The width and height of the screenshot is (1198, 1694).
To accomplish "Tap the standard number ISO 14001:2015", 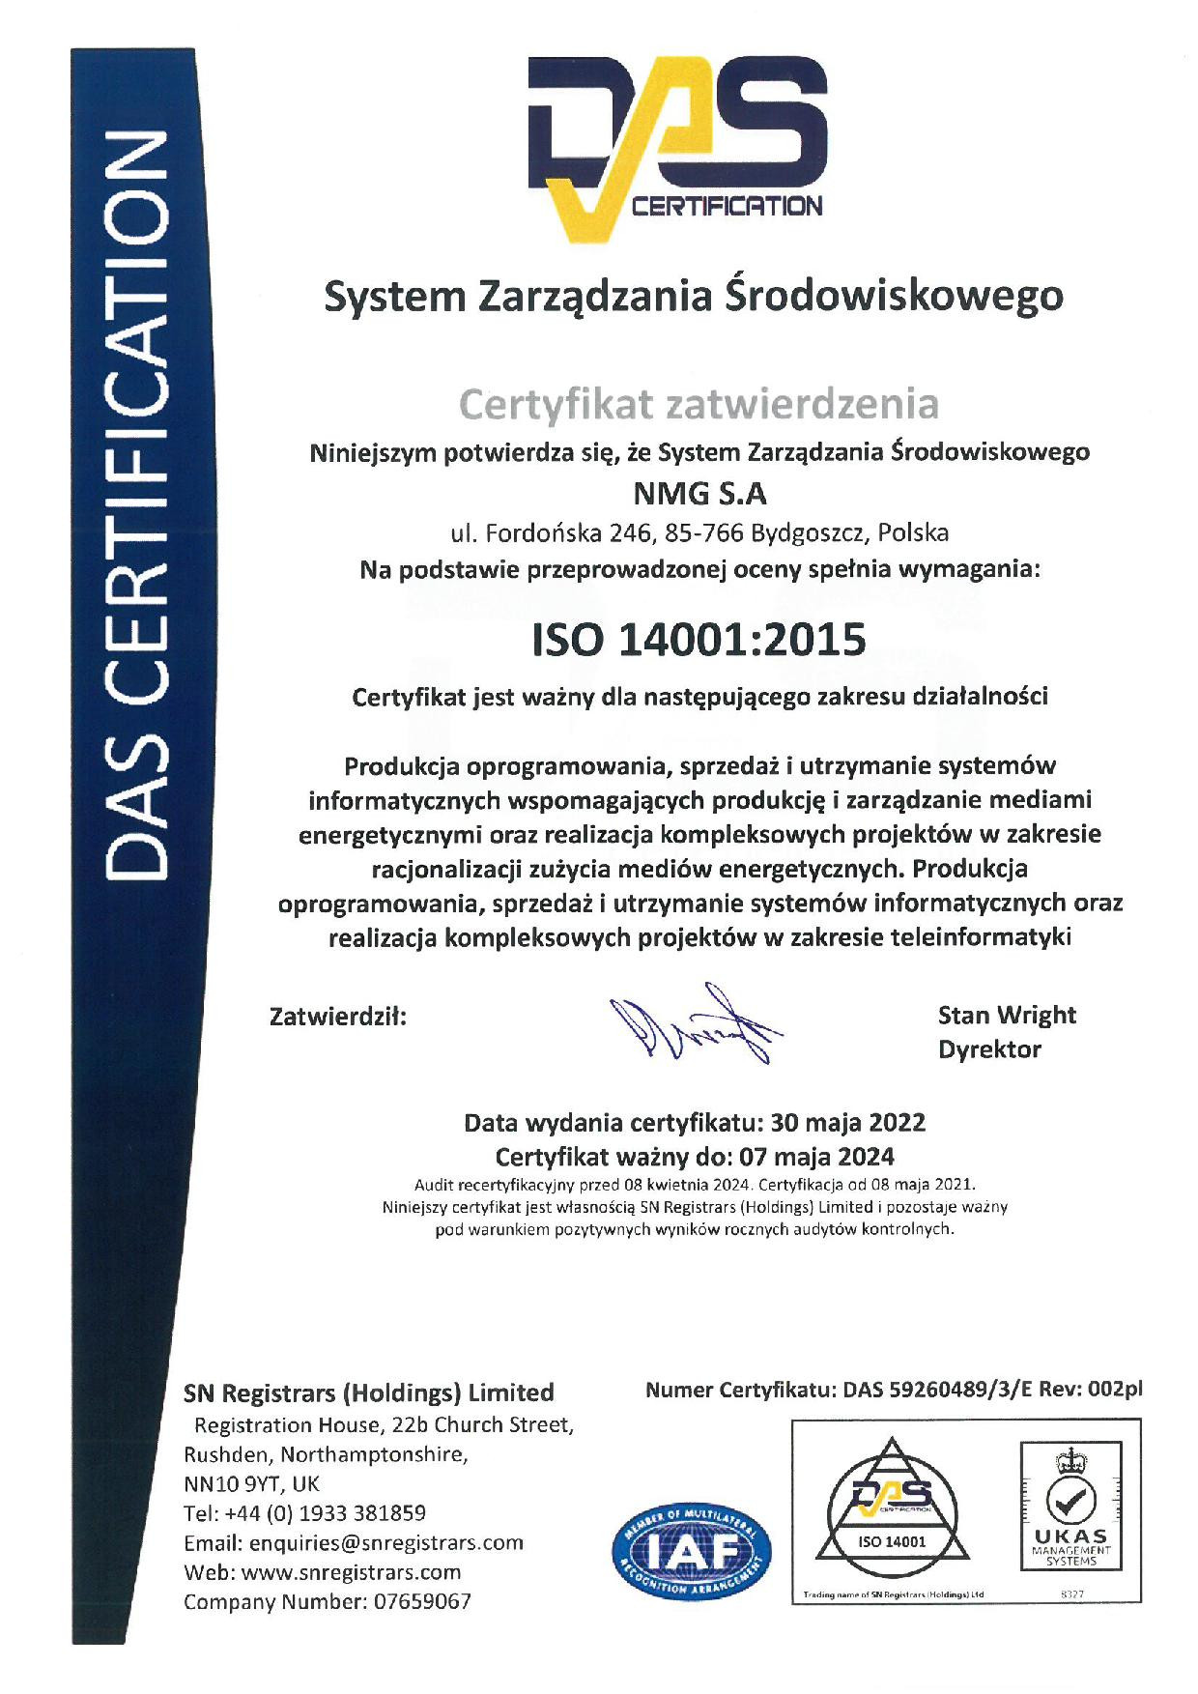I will click(x=699, y=640).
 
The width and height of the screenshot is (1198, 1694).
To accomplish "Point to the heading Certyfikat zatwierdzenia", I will click(x=699, y=404).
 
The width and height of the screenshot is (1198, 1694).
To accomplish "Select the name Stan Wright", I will click(x=1007, y=1015).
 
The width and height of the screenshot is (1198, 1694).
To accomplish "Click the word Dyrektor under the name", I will click(x=989, y=1049).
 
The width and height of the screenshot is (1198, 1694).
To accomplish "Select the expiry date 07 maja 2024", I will click(x=816, y=1157).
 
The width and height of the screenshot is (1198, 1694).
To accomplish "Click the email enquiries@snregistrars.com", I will click(x=385, y=1542).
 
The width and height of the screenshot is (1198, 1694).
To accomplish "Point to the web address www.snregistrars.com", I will click(x=351, y=1572).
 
